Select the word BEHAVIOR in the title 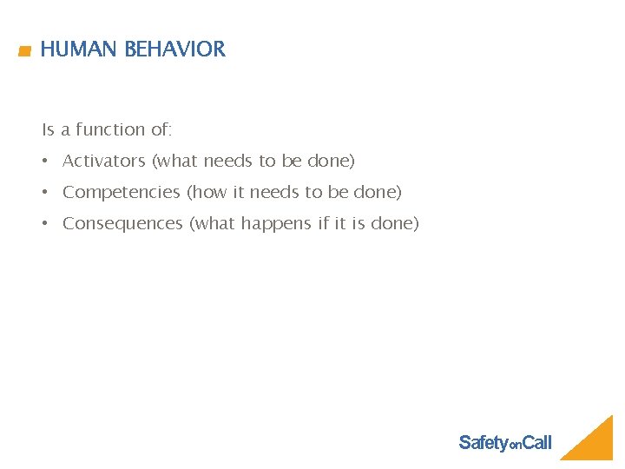tap(174, 50)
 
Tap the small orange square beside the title tap(24, 52)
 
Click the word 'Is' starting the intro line tap(48, 129)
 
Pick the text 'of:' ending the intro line tap(161, 129)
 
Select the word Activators tap(103, 161)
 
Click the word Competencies tap(122, 192)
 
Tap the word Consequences tap(122, 223)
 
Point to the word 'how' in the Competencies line tap(208, 192)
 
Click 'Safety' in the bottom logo tap(483, 443)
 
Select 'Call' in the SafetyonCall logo tap(536, 443)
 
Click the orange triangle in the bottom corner tap(595, 443)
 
